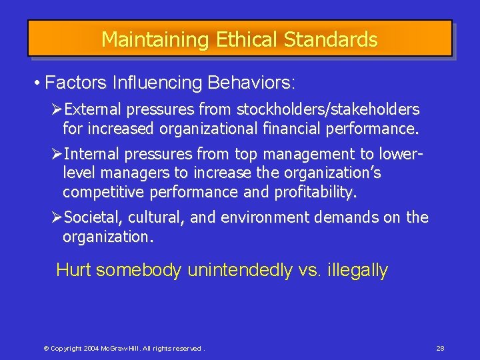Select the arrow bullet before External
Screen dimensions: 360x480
pos(57,109)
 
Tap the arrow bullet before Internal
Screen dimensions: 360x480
pos(57,155)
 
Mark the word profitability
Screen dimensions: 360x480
pos(315,193)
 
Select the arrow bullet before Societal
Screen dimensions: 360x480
pos(57,217)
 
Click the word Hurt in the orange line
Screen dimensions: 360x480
pos(74,270)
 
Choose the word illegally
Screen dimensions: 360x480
pos(357,270)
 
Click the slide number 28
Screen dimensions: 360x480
pos(440,349)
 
